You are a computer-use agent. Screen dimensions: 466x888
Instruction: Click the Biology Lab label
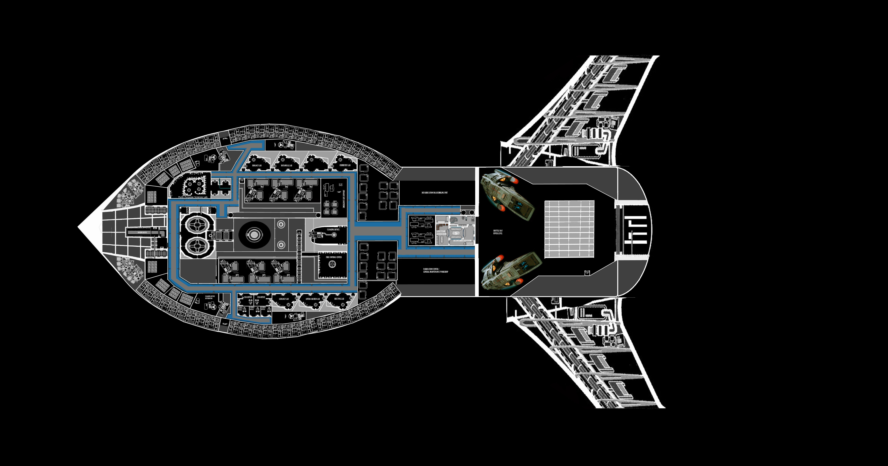[x=257, y=166]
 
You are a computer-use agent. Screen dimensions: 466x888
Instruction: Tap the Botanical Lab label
[x=286, y=166]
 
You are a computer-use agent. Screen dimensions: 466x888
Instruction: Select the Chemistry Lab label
[x=345, y=165]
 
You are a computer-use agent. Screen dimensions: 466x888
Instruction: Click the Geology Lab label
[x=284, y=299]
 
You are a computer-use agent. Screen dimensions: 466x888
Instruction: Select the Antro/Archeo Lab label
[x=313, y=299]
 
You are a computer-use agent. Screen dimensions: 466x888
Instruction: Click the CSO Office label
[x=261, y=297]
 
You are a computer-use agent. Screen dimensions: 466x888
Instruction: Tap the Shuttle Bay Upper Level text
[x=498, y=232]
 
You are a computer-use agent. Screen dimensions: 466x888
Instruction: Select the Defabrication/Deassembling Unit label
[x=435, y=193]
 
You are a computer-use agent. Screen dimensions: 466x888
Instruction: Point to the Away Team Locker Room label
[x=441, y=233]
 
